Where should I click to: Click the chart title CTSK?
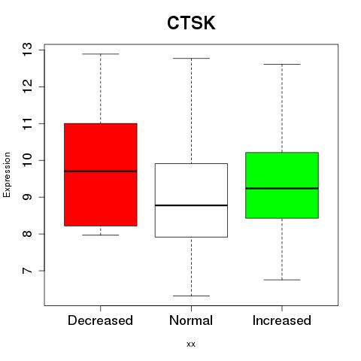191,23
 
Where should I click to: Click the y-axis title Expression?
7,174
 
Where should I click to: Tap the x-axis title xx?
191,344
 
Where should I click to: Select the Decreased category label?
100,320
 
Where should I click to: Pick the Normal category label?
191,320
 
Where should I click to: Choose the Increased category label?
282,320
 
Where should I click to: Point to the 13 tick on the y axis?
28,50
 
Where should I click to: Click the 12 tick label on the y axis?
28,86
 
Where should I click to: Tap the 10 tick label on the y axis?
28,160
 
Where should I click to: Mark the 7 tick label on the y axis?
28,271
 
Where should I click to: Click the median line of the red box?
101,171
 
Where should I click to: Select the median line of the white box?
191,205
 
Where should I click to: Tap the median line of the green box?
282,188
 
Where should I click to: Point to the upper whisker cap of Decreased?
101,54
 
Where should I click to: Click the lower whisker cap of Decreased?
101,235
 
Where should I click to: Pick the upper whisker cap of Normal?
191,59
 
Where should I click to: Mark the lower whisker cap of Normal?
191,296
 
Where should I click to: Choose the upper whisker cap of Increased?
282,65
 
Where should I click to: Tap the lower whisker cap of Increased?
282,280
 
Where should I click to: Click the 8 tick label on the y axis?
28,234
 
